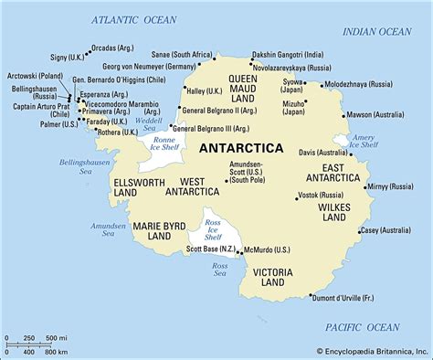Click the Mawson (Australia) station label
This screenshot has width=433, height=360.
click(374, 115)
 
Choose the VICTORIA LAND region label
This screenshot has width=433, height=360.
click(272, 278)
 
